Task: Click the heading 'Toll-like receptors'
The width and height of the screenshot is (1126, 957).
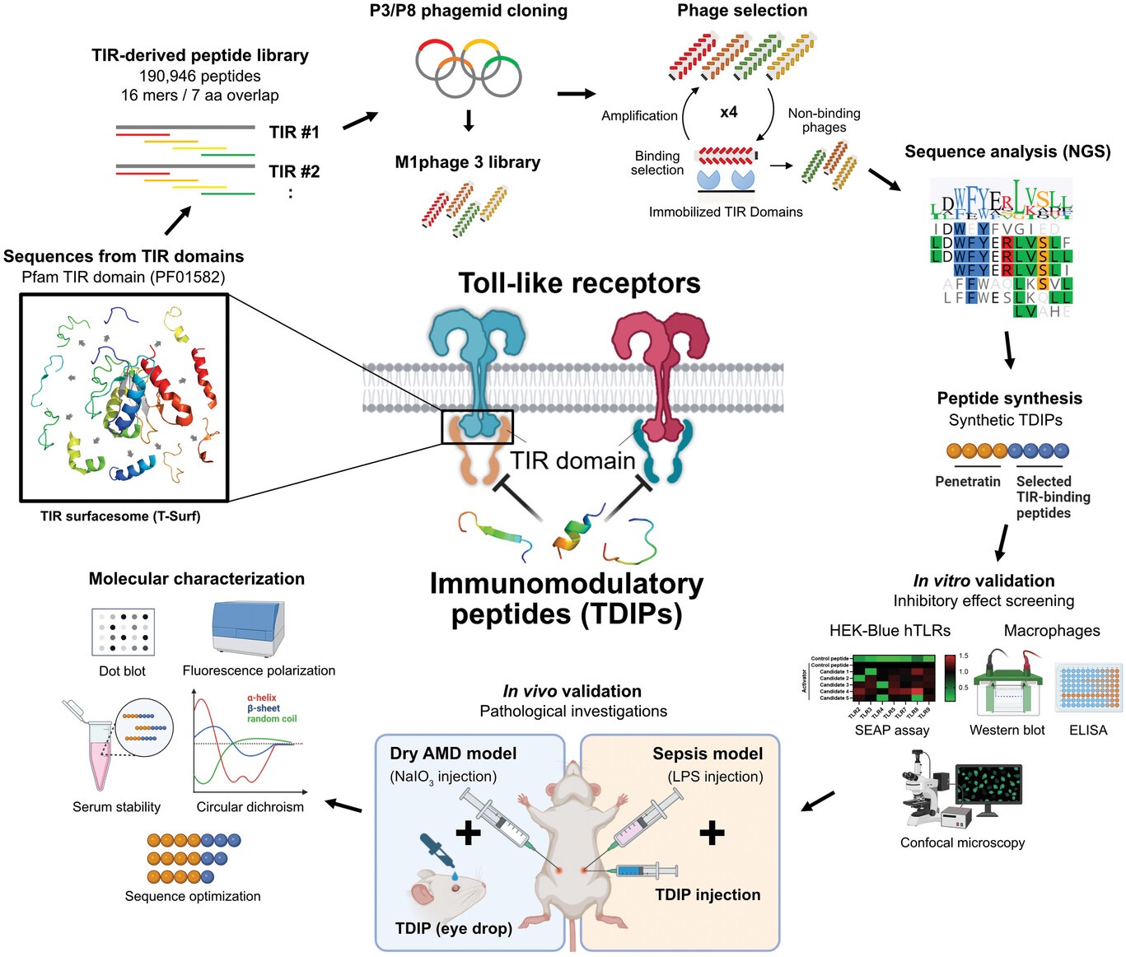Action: [x=579, y=283]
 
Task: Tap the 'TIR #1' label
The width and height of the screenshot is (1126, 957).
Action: [x=293, y=132]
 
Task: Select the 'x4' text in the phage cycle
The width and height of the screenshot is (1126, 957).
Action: [x=728, y=112]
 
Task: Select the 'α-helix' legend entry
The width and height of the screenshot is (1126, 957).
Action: [x=262, y=698]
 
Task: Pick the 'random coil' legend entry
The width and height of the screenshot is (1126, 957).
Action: [x=272, y=719]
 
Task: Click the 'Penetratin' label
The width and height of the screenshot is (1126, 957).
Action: [x=967, y=482]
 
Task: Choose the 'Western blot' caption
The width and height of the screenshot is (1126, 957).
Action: [x=1007, y=731]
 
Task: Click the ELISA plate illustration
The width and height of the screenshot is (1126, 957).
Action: [x=1088, y=688]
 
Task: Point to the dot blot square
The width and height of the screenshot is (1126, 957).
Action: [x=123, y=633]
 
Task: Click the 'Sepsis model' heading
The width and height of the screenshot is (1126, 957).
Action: [x=708, y=754]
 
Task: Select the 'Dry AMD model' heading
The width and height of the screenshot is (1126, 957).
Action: [x=453, y=754]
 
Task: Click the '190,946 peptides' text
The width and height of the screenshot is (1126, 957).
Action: [x=199, y=76]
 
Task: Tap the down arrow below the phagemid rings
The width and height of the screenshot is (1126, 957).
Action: [x=469, y=121]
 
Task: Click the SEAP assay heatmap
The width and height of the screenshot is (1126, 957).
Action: [x=894, y=679]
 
